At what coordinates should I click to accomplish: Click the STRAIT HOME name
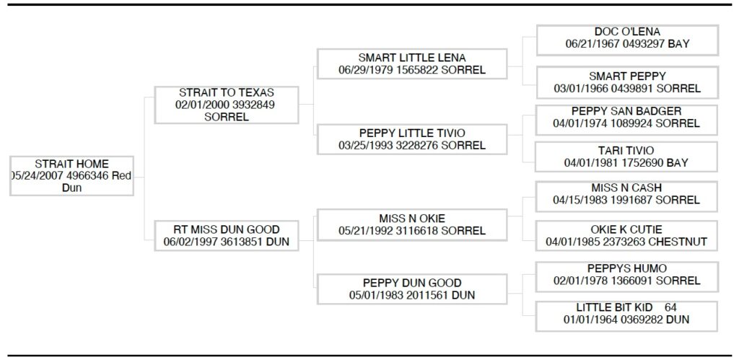click(71, 164)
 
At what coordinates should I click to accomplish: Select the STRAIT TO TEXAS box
click(226, 105)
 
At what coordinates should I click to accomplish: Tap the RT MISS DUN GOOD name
click(227, 230)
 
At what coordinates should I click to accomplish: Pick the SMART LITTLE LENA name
click(412, 58)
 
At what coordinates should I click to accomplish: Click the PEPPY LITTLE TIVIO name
click(412, 133)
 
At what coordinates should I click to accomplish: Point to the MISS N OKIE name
click(412, 218)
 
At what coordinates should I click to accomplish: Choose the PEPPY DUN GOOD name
click(412, 282)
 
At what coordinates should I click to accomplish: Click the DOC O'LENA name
click(627, 32)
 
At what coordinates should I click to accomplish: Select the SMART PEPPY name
click(627, 76)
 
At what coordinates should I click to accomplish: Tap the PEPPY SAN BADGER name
click(626, 111)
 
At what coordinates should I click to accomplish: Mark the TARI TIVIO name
click(626, 151)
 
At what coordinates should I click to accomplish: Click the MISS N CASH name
click(626, 188)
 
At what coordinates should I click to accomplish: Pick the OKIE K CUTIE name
click(626, 229)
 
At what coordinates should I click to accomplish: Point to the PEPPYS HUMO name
click(626, 268)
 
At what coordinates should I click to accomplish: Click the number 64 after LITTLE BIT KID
click(671, 307)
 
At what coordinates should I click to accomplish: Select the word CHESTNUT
click(679, 242)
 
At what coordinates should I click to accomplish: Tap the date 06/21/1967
click(589, 44)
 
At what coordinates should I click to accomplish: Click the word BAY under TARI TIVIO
click(677, 163)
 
